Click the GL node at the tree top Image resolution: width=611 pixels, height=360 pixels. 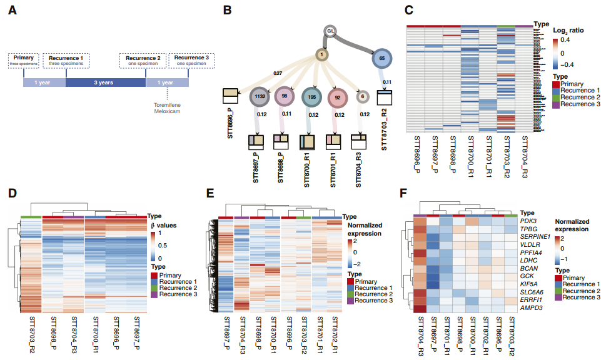pos(331,31)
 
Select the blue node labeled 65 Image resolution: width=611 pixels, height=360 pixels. pos(382,58)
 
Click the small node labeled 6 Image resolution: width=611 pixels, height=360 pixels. pos(363,96)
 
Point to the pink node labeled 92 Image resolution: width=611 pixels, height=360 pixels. pos(337,97)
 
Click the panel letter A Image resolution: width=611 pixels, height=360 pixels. pos(13,11)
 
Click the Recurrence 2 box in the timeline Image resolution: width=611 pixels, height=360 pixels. pos(141,61)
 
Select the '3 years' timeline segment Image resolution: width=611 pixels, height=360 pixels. pos(105,82)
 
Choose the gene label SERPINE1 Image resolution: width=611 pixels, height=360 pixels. pos(530,238)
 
